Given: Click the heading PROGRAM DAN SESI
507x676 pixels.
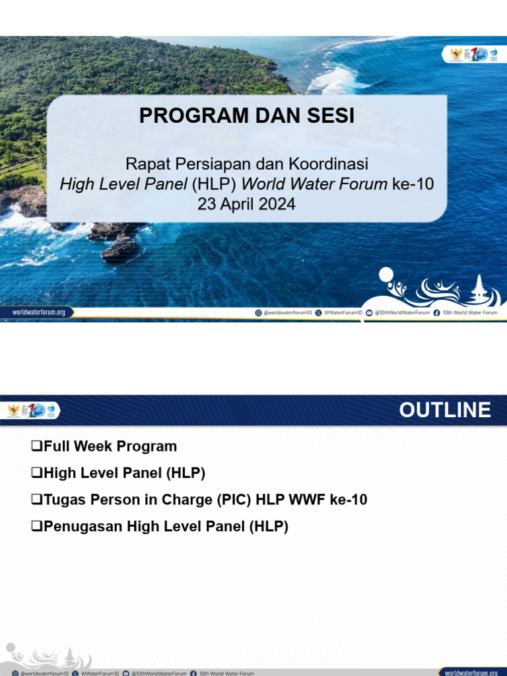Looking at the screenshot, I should [246, 116].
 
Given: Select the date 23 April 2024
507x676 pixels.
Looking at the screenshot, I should [246, 204].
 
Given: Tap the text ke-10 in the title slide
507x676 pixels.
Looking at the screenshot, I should [413, 184].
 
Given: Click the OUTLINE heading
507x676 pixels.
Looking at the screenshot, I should [444, 410].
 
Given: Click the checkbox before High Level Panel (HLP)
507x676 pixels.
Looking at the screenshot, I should [37, 473].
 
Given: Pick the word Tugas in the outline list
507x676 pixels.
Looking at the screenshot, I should [63, 500].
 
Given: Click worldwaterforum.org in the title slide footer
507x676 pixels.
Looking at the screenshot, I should [38, 312].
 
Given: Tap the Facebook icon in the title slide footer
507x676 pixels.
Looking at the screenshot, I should [437, 313].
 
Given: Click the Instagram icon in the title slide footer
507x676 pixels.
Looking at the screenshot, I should [258, 313].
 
